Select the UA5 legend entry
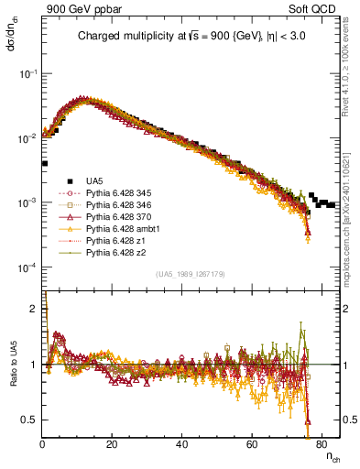[94, 180]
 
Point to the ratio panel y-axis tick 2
[36, 309]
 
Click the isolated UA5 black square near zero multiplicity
[44, 164]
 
